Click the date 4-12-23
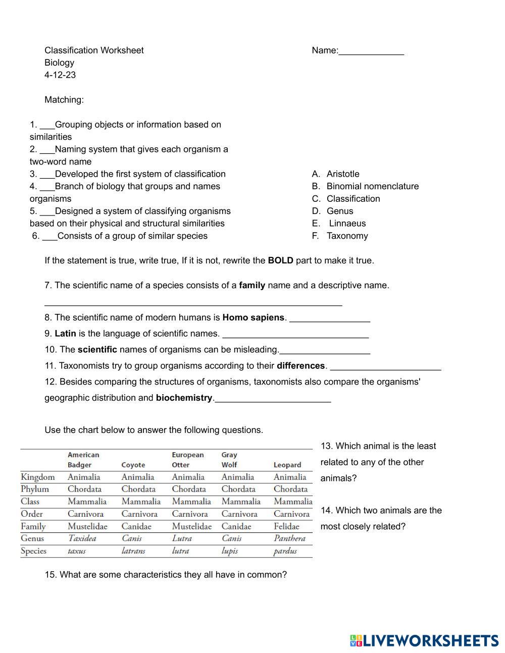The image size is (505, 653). click(60, 75)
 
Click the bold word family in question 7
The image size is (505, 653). click(252, 285)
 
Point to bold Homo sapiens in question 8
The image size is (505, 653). click(253, 317)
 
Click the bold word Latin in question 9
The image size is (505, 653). click(65, 334)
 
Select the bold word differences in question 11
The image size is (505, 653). click(300, 365)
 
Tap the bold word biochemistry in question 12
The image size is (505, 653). click(184, 398)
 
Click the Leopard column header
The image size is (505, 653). click(287, 465)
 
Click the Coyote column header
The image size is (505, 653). click(133, 465)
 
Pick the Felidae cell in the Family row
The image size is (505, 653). click(286, 526)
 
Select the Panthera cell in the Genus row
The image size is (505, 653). click(289, 538)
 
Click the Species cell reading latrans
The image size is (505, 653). click(133, 551)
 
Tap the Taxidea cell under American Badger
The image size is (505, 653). click(82, 538)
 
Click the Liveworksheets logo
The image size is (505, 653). click(424, 640)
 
